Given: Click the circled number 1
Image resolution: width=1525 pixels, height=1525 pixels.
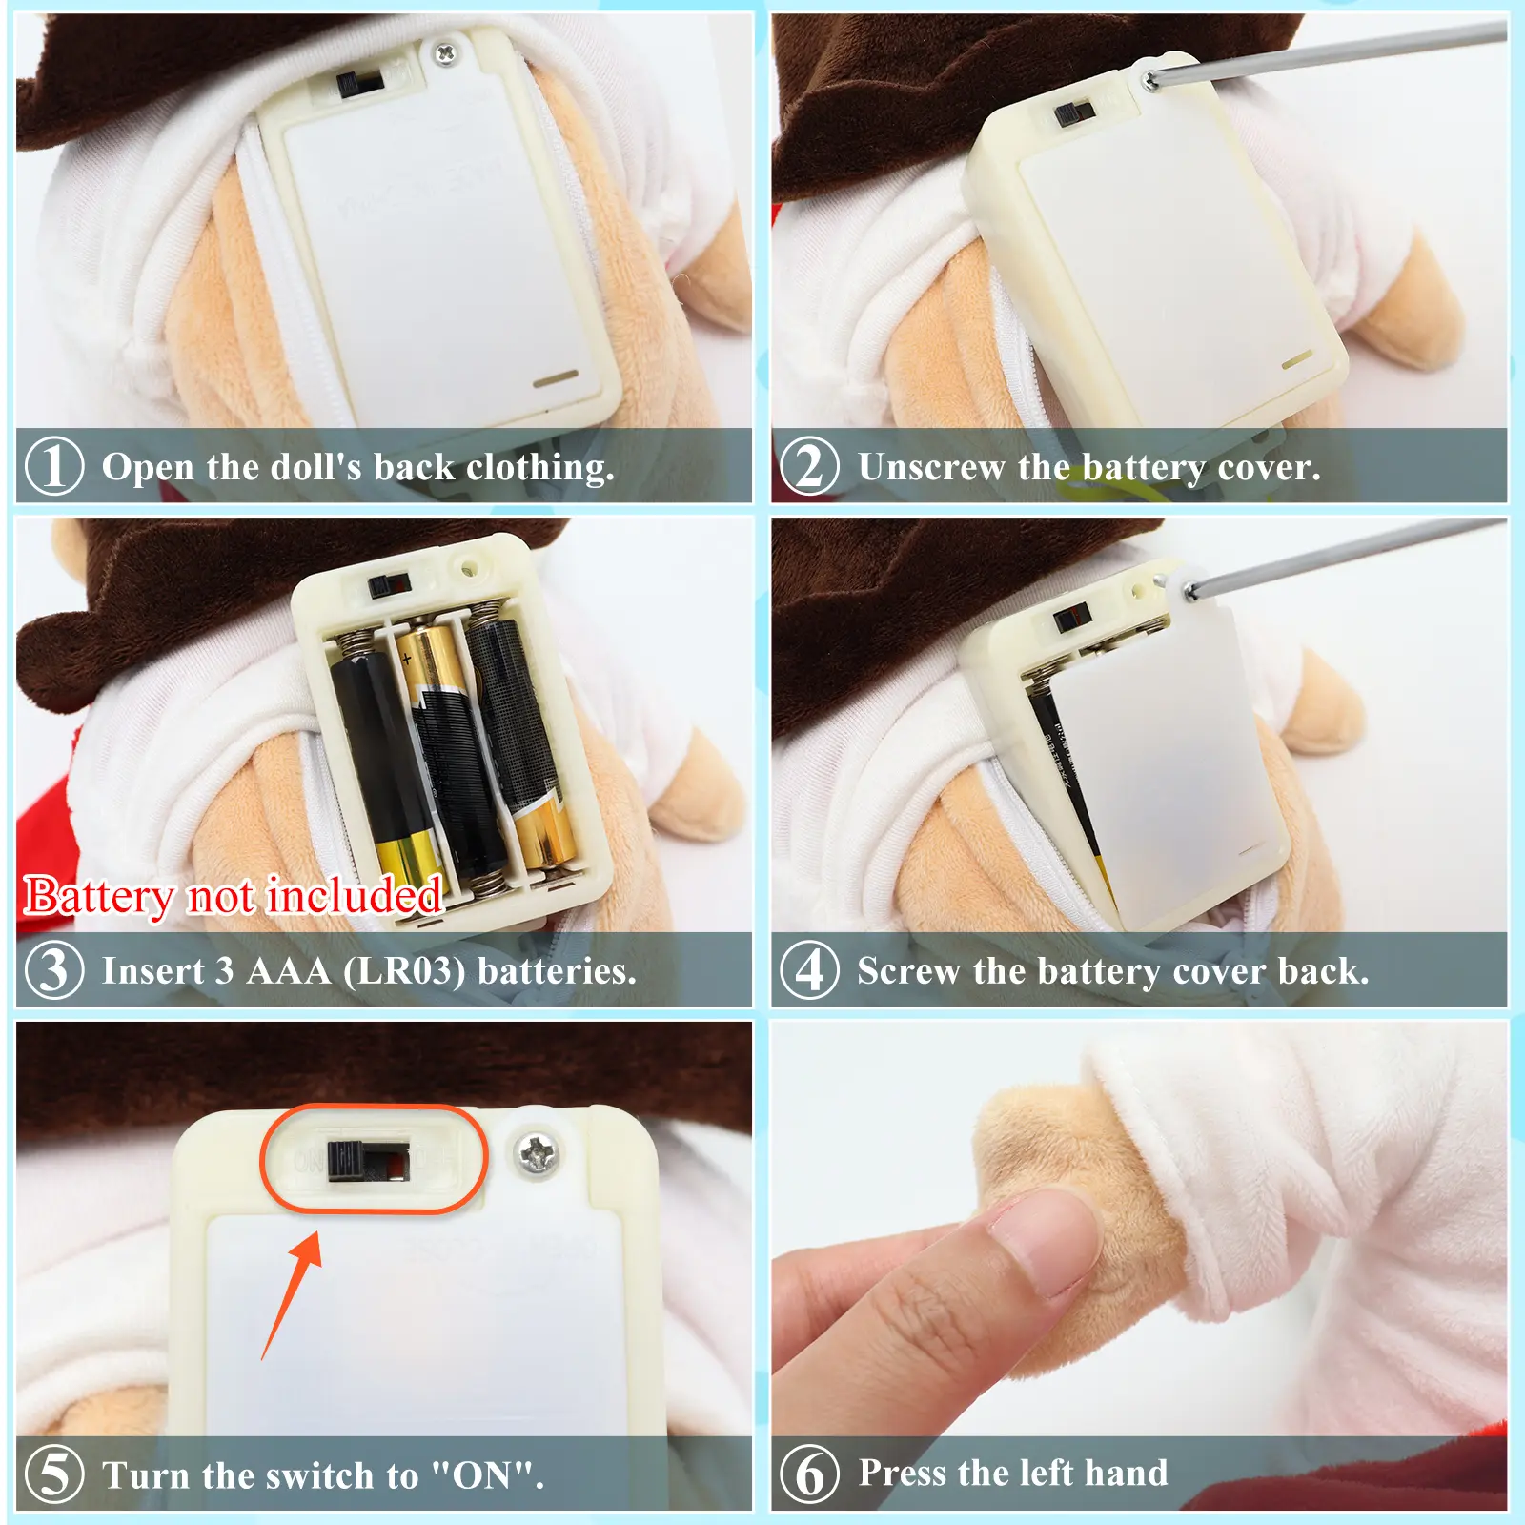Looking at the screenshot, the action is point(53,466).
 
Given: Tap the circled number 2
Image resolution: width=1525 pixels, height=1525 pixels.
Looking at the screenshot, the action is point(809,466).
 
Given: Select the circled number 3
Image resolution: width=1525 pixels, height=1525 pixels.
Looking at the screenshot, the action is point(54,970).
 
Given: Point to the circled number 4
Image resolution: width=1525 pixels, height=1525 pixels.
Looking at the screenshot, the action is point(809,970).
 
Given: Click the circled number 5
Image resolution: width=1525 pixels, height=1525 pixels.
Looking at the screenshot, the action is point(54,1474).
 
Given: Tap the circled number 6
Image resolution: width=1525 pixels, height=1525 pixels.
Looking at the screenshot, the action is point(809,1474).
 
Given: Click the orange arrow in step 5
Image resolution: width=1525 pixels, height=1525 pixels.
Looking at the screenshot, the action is point(291,1294).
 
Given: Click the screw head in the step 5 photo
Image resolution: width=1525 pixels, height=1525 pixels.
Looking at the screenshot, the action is point(538,1155).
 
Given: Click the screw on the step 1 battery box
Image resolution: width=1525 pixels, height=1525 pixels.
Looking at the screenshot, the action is point(444,53).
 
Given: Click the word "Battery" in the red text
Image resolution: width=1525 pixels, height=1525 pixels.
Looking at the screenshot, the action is point(98,897).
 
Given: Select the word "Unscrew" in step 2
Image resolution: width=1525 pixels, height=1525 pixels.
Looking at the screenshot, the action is point(931,467).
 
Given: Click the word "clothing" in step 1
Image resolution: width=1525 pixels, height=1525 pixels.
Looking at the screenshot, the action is point(539,468).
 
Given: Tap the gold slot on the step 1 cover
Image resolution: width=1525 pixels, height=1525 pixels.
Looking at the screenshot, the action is point(556,378).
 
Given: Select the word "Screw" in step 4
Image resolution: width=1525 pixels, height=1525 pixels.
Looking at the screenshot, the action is point(909,971).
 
